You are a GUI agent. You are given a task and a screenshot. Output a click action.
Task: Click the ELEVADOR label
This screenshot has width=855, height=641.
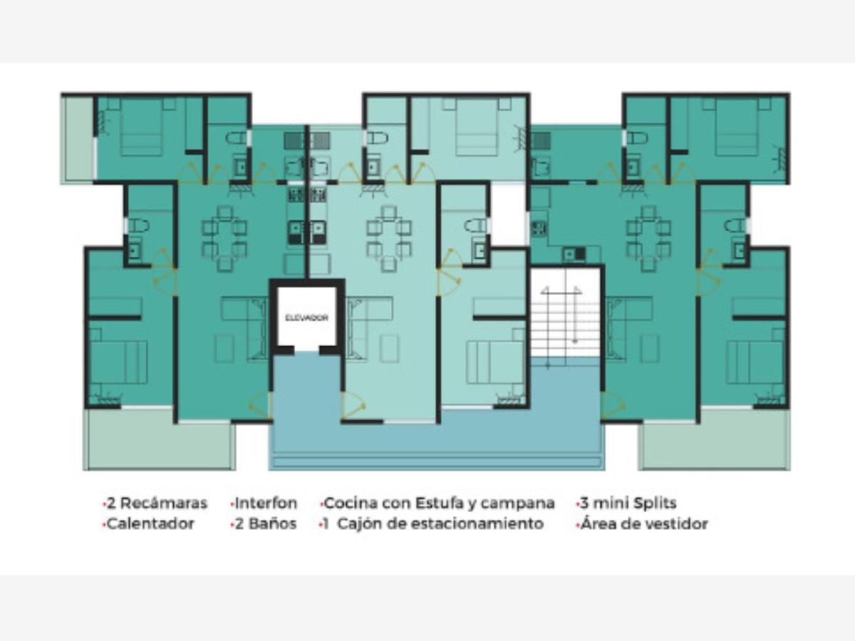point(306,318)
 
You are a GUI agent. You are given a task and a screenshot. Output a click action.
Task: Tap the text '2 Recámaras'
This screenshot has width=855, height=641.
point(157,504)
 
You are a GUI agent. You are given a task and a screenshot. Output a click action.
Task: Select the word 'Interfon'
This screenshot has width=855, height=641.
point(266,504)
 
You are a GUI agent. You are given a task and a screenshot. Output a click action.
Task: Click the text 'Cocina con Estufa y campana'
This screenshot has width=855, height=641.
point(439,504)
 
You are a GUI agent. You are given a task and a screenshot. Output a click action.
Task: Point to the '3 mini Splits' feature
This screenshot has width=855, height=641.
point(628,504)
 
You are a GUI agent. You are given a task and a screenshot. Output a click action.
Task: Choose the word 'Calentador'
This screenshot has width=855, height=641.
point(150,524)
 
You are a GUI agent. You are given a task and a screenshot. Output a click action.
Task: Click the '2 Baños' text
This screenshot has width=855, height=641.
point(266,524)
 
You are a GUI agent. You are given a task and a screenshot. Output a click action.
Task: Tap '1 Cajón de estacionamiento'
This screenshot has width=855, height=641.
point(433,524)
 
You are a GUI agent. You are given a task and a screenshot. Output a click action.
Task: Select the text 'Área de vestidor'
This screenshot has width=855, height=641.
point(644,524)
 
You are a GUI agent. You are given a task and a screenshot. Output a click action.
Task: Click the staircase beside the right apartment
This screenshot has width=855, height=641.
point(565,316)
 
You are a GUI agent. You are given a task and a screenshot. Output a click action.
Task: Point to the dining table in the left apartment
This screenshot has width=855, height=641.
point(224,238)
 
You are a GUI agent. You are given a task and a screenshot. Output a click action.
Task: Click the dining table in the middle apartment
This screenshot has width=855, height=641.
point(389,238)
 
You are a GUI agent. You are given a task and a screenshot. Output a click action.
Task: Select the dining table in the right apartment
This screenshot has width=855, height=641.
point(648,238)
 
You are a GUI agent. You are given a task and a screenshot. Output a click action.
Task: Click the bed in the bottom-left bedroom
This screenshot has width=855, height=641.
point(119,363)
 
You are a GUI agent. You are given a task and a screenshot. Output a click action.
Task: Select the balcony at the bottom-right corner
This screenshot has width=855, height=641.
point(715,439)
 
